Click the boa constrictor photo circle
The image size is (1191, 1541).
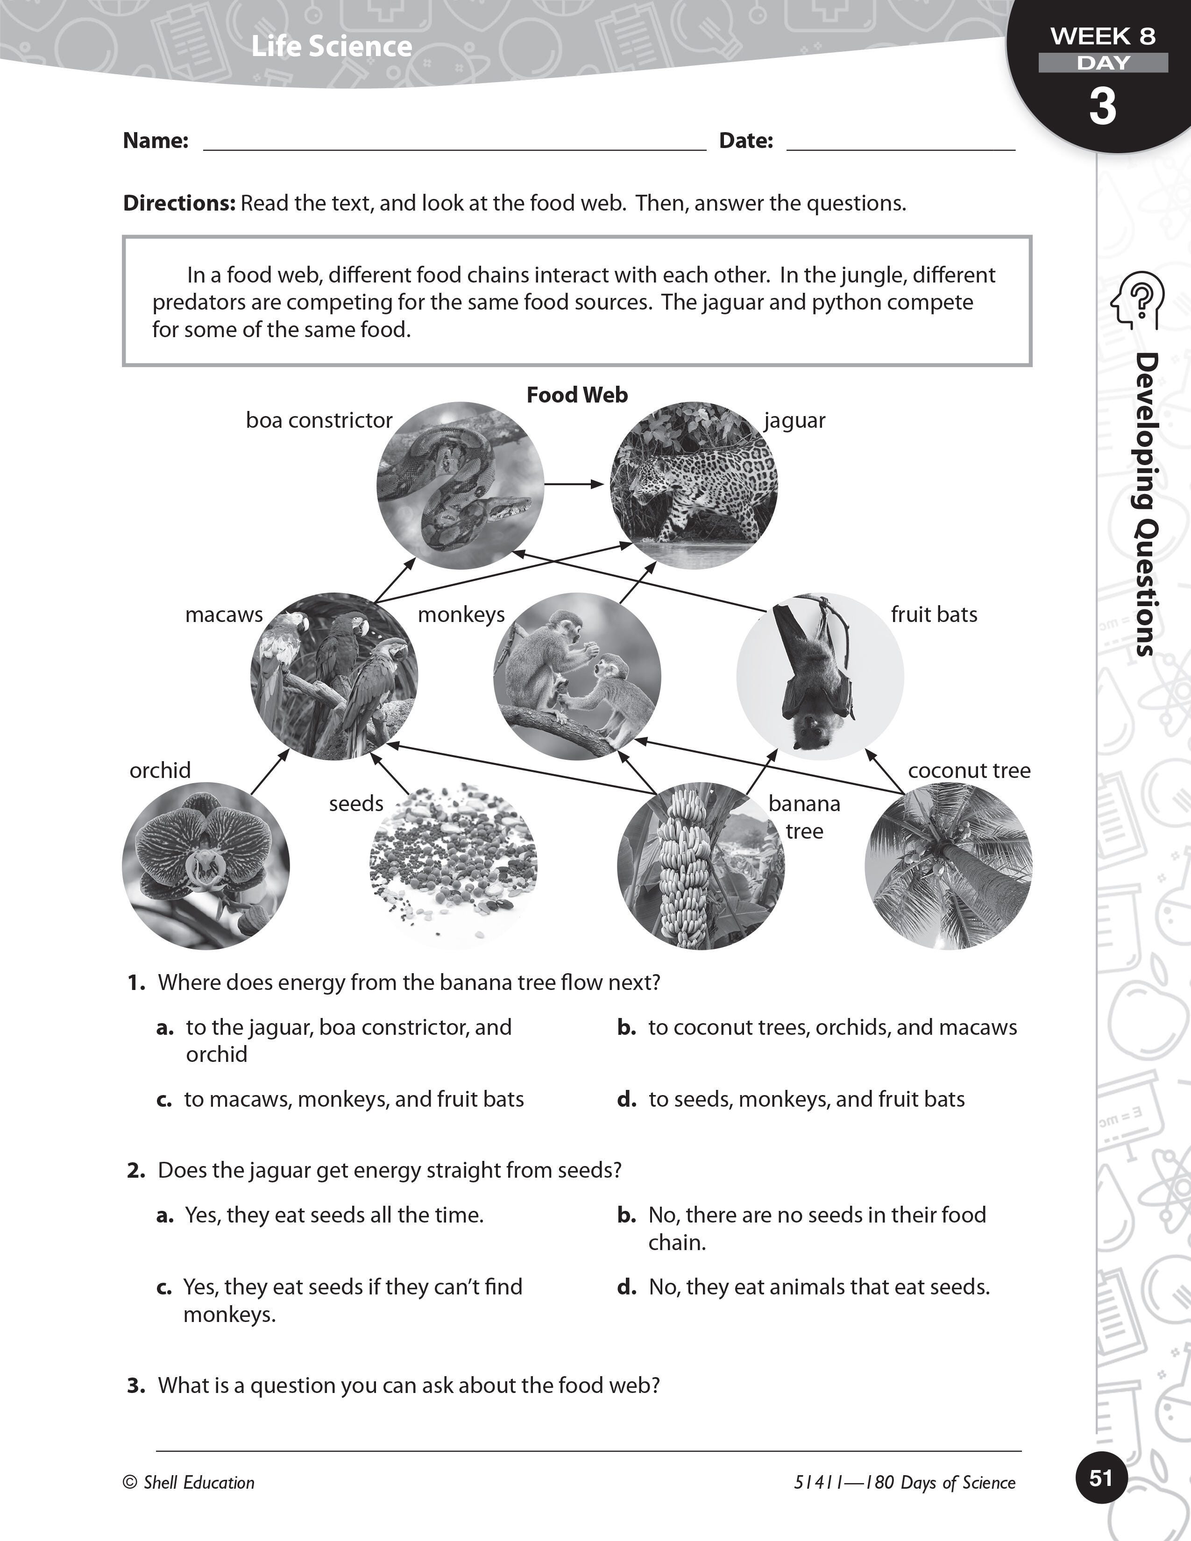click(460, 486)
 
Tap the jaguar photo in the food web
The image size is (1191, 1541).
click(694, 486)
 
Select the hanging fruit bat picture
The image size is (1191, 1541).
click(820, 676)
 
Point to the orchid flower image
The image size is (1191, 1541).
click(206, 866)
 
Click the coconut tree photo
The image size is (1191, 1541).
click(948, 866)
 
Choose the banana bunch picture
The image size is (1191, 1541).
click(700, 866)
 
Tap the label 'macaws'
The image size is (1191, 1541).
click(224, 615)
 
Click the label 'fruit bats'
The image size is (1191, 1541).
click(934, 615)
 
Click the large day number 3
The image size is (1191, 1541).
click(1102, 106)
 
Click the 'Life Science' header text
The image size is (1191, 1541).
click(332, 47)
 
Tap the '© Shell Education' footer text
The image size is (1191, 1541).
click(188, 1483)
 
